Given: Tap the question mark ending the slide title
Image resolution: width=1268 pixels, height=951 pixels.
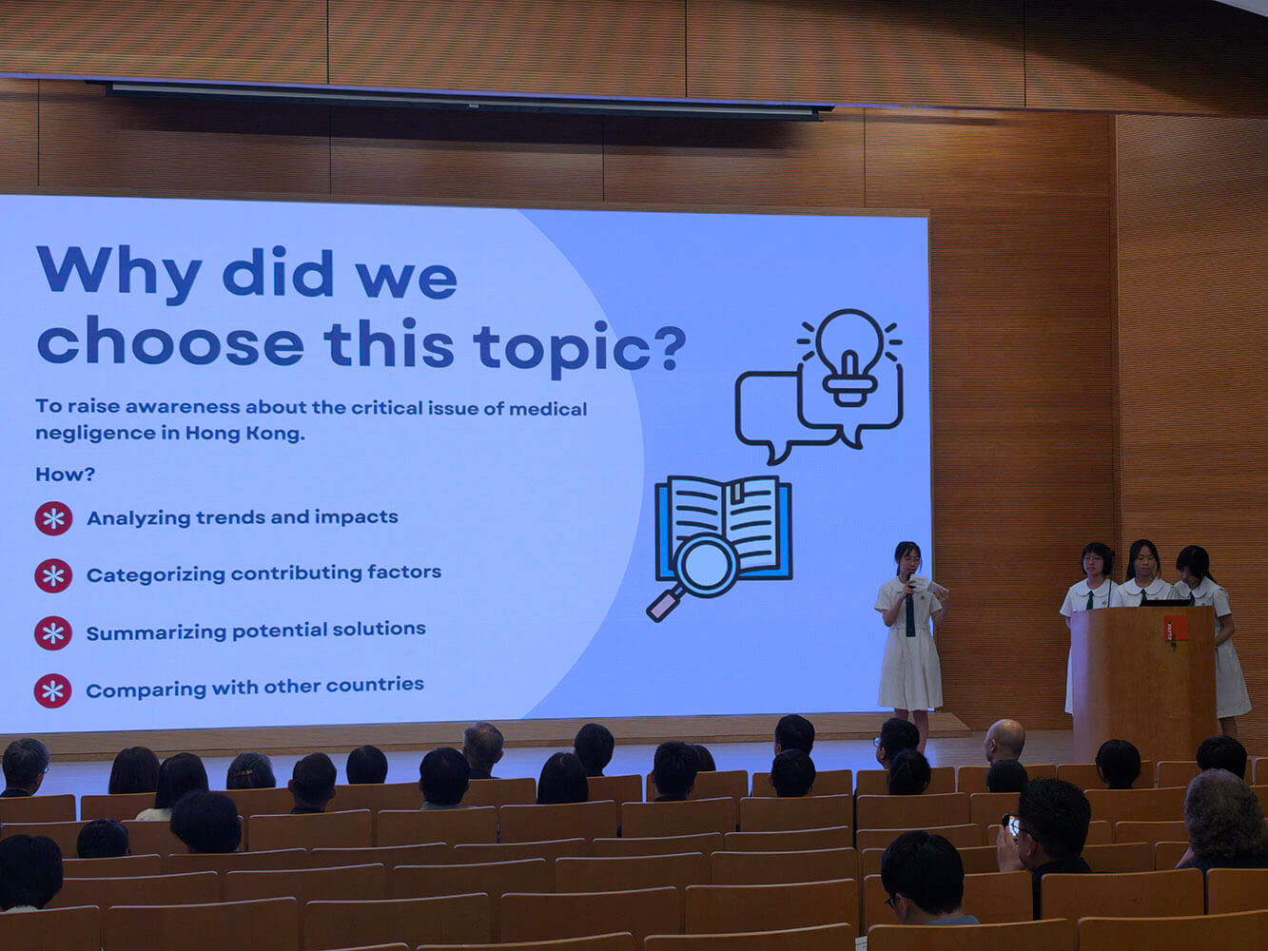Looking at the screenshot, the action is click(669, 348).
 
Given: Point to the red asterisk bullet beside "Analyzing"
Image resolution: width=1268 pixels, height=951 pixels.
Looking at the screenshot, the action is click(53, 518).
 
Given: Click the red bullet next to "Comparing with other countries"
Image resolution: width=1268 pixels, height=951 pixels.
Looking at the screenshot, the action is click(52, 690).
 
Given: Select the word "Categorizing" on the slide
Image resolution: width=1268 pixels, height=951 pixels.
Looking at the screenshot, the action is click(155, 575).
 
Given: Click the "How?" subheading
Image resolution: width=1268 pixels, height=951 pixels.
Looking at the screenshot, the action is click(65, 475).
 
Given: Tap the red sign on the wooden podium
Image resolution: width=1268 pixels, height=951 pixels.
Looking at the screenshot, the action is click(1176, 629).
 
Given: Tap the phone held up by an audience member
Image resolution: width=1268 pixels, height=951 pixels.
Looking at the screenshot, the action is click(1011, 825).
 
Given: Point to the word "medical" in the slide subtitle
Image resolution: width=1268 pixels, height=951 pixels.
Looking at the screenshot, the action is click(548, 409).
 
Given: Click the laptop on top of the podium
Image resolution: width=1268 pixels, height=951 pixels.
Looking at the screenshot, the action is click(1164, 602).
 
